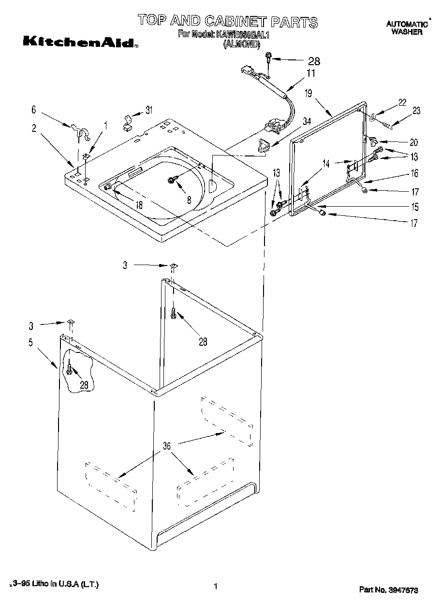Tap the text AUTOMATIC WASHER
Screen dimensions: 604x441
[x=407, y=28]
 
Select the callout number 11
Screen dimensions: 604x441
[x=310, y=73]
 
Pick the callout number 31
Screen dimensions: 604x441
[x=148, y=110]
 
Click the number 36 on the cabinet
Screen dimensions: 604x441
[x=166, y=446]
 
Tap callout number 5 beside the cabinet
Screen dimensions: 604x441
[x=31, y=343]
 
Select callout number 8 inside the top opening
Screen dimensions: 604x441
[x=189, y=198]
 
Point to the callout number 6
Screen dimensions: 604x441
[x=34, y=110]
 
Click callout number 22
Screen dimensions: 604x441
[x=402, y=102]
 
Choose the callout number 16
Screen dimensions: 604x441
[x=414, y=173]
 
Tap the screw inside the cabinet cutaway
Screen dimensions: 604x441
[x=70, y=370]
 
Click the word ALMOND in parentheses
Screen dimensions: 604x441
[x=241, y=44]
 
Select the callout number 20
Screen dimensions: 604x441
[x=413, y=142]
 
